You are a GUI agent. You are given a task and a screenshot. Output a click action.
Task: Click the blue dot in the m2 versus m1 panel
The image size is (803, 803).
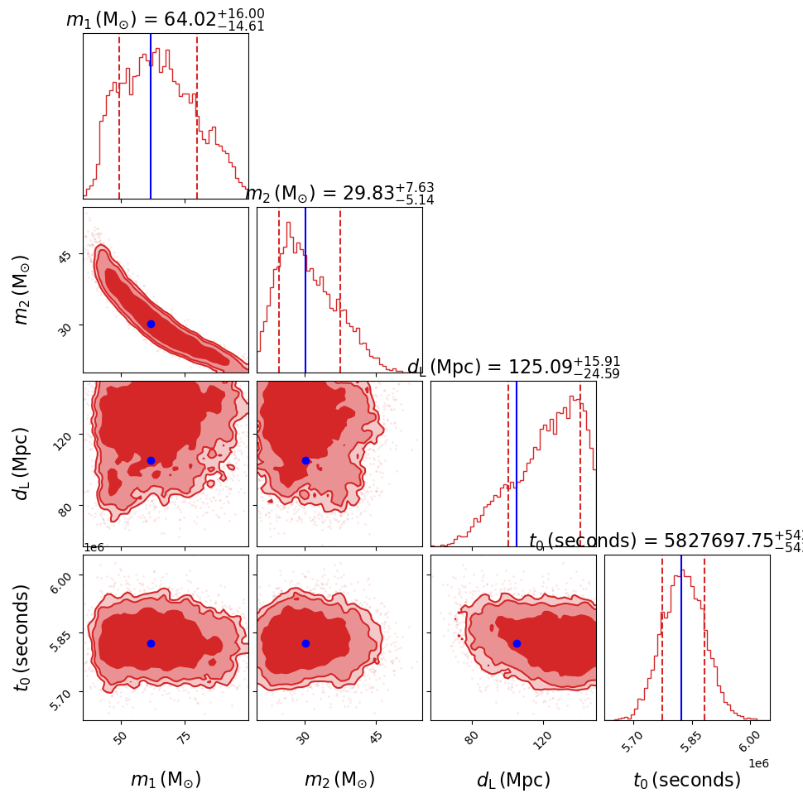click(151, 324)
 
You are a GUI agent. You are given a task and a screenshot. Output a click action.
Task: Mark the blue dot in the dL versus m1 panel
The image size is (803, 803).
click(151, 460)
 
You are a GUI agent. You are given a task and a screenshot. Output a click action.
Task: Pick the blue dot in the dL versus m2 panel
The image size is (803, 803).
click(305, 460)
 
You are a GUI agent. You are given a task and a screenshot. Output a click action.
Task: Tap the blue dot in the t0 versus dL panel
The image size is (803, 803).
click(517, 643)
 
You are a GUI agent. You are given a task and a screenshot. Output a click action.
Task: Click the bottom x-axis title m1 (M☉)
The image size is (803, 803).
click(166, 779)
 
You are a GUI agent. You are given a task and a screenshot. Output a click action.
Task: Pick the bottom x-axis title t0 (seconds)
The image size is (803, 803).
click(686, 780)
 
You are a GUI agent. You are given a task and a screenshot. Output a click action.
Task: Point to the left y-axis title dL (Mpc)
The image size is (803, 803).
click(22, 464)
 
